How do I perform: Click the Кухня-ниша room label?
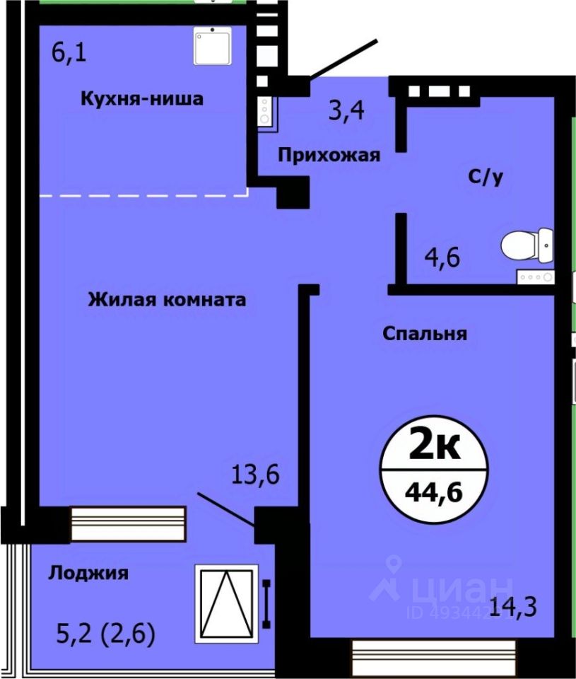click(142, 99)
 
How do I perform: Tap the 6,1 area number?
click(69, 53)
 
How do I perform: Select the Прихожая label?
click(329, 155)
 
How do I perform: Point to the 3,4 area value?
click(346, 110)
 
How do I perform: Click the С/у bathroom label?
click(486, 177)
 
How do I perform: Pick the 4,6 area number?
click(442, 257)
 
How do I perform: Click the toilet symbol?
click(527, 245)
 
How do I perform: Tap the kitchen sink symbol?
click(213, 46)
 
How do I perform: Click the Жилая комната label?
click(167, 300)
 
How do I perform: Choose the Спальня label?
click(425, 334)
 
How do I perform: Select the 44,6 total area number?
click(434, 492)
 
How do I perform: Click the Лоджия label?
click(88, 574)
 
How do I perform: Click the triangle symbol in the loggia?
click(227, 603)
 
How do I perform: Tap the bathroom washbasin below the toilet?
click(535, 277)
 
